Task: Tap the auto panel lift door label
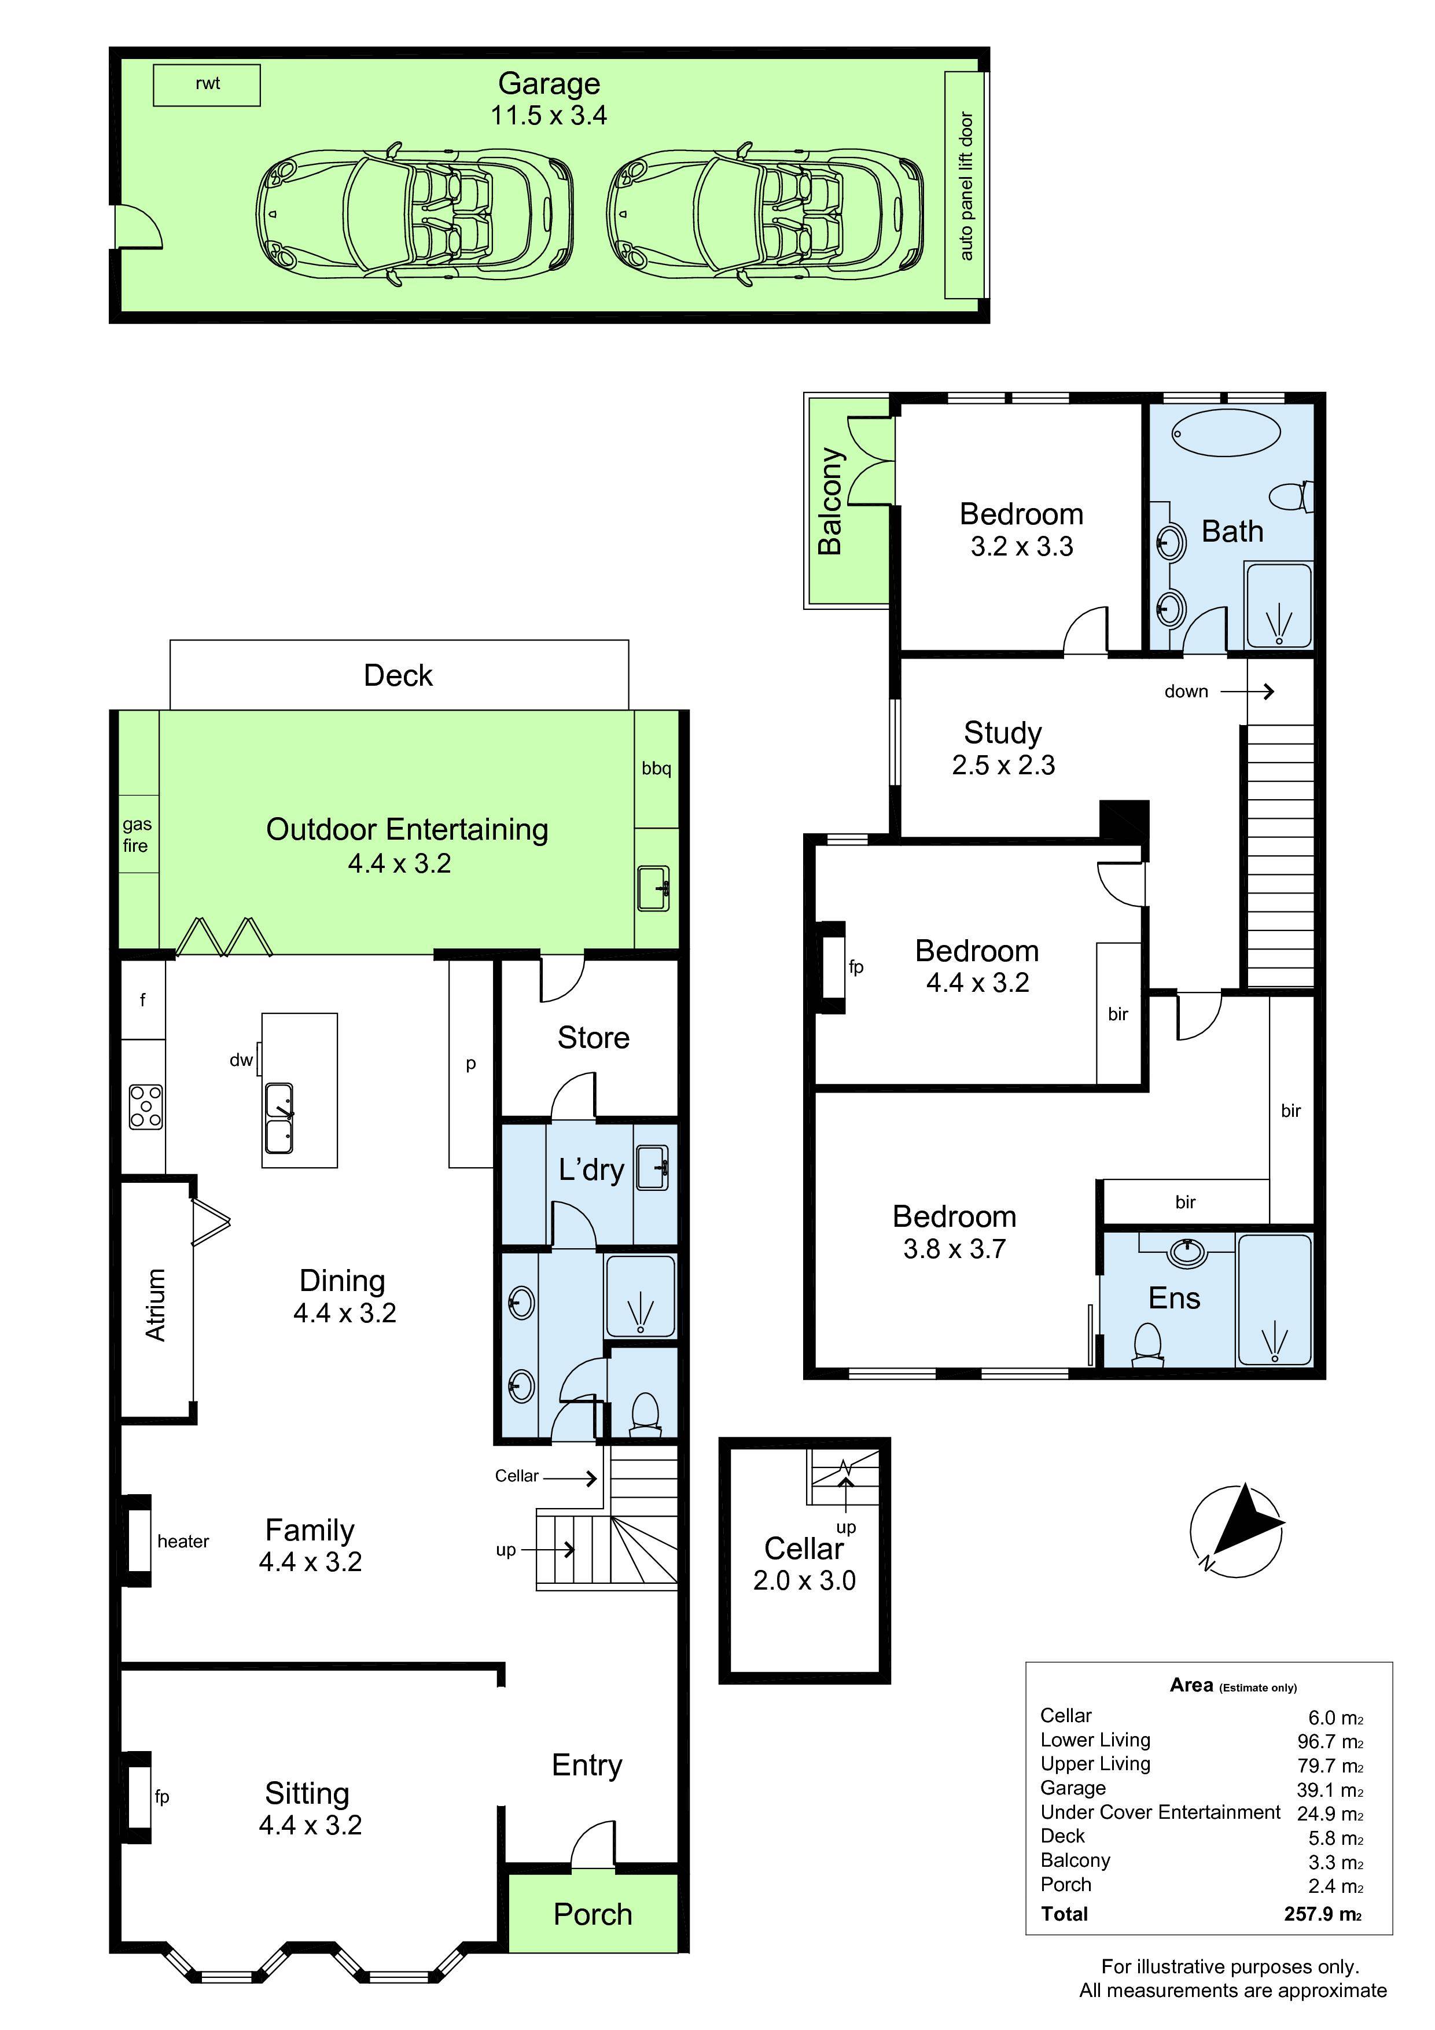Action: pos(966,186)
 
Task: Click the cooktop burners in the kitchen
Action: pos(146,1107)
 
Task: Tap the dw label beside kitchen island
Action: pos(241,1059)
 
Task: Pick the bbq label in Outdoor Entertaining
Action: pos(656,768)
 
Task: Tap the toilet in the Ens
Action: pos(1147,1342)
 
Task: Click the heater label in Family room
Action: pos(183,1542)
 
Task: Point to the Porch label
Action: pos(593,1914)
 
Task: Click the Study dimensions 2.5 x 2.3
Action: pos(1003,765)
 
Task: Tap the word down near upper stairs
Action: pos(1186,692)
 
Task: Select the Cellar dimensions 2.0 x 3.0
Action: pos(804,1580)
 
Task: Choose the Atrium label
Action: pos(156,1304)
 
